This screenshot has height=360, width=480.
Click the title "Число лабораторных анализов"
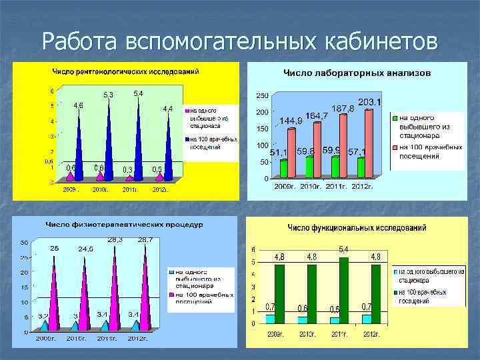click(x=357, y=71)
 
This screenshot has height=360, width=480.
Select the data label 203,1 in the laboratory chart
click(x=369, y=102)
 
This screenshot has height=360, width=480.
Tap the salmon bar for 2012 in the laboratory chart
click(x=369, y=143)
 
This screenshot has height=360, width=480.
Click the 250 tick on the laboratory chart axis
click(x=262, y=95)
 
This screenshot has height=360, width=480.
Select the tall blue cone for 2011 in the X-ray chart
click(x=138, y=140)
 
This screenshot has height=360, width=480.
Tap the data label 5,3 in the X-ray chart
click(x=107, y=95)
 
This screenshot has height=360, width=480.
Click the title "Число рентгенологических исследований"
click(x=126, y=71)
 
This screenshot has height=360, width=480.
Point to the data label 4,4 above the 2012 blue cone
click(x=168, y=108)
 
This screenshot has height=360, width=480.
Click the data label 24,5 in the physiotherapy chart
click(x=86, y=249)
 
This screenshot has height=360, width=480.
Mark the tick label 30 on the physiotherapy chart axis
click(x=23, y=242)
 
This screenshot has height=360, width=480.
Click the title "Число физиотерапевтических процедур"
click(x=124, y=225)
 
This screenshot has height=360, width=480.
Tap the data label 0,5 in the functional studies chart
click(x=336, y=309)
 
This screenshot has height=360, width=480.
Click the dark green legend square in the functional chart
click(x=395, y=292)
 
